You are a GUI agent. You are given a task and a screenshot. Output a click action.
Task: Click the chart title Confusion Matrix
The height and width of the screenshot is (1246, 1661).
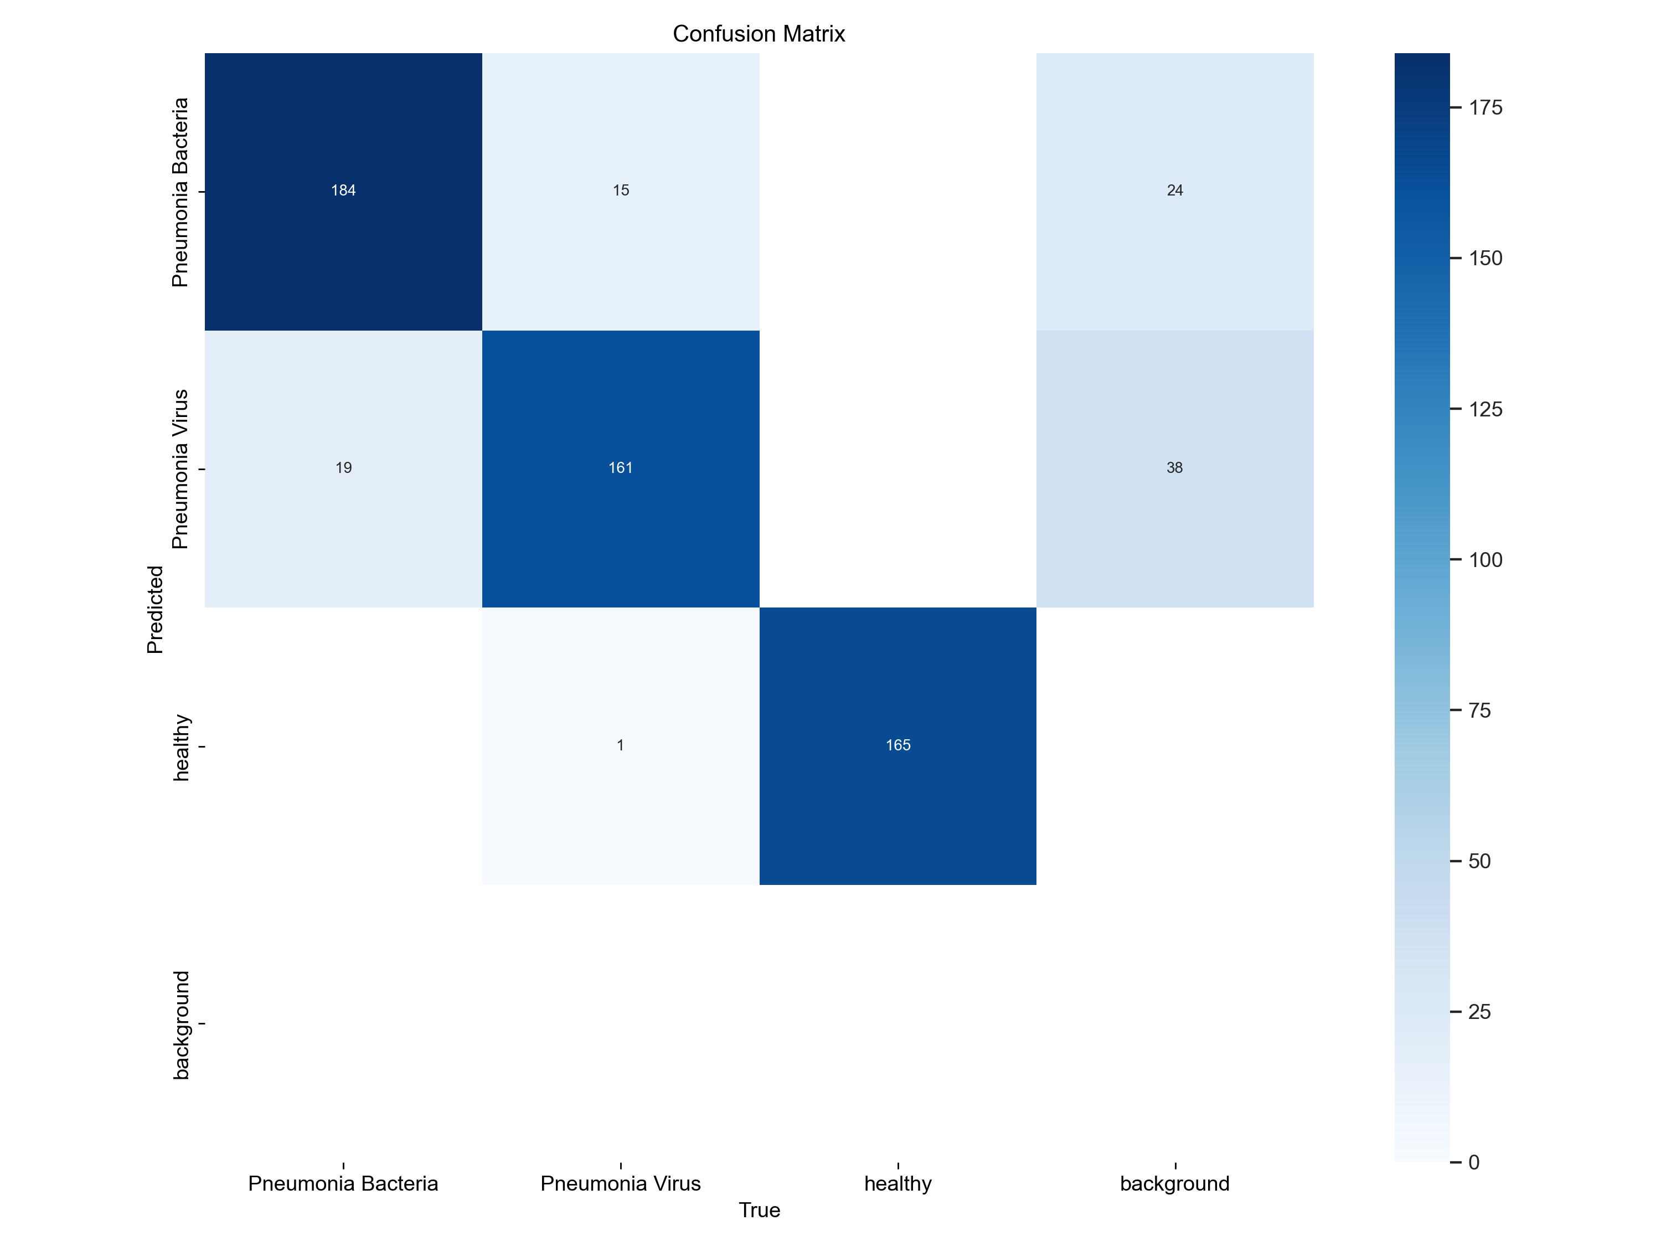click(x=759, y=34)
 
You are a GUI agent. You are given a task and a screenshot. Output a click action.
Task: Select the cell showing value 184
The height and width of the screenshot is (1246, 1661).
click(x=343, y=190)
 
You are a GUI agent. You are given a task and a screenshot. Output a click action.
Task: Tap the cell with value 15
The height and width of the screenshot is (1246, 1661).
click(x=620, y=190)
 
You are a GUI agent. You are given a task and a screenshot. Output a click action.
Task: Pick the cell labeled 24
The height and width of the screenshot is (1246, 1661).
click(x=1174, y=190)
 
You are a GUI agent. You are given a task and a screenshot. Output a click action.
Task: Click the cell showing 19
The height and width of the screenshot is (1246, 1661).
click(x=343, y=468)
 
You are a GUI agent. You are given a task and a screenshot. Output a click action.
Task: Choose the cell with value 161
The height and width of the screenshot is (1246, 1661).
click(x=620, y=468)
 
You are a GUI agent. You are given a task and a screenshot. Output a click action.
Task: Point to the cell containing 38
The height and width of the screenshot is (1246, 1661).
click(x=1174, y=468)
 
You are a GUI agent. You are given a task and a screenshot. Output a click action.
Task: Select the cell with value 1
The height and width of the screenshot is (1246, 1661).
click(x=620, y=745)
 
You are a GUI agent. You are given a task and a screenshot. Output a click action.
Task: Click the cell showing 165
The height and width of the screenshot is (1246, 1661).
click(x=897, y=745)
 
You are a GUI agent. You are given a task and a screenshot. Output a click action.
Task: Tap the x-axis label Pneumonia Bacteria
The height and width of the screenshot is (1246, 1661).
click(x=343, y=1183)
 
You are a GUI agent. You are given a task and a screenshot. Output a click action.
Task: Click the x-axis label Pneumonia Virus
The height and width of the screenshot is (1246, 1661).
click(x=620, y=1183)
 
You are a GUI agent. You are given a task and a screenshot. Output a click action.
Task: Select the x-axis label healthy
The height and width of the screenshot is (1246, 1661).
click(x=897, y=1183)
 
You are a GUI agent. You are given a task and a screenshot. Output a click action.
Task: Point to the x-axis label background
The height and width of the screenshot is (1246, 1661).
click(x=1174, y=1183)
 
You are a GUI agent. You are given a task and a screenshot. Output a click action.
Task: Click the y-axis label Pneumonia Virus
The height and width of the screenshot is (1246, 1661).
click(x=180, y=470)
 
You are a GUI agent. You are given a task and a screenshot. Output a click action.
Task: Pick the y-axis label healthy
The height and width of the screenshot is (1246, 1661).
click(x=180, y=747)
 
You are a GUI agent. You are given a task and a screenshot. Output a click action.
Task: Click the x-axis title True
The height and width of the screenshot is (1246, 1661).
click(x=759, y=1210)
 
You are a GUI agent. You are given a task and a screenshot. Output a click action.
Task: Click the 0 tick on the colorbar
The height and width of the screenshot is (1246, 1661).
click(x=1473, y=1162)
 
